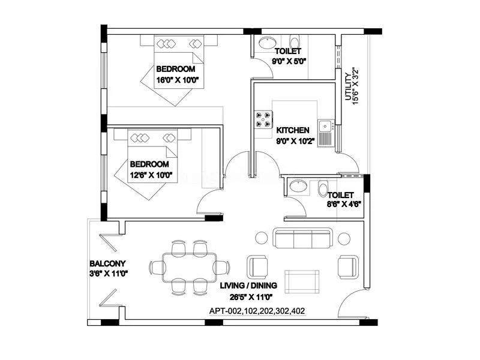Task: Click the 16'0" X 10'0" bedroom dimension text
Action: pos(178,79)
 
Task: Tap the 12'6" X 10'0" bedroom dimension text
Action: pos(152,175)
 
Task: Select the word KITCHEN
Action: pos(293,130)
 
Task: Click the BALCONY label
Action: pos(107,263)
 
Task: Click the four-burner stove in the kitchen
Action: pos(263,118)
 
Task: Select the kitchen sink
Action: pos(326,126)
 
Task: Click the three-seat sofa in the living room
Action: pos(303,238)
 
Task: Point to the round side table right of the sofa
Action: pos(344,238)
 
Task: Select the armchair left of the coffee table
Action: pos(258,266)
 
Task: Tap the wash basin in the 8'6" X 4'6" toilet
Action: pos(298,187)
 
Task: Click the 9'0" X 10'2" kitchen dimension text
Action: pos(293,142)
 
